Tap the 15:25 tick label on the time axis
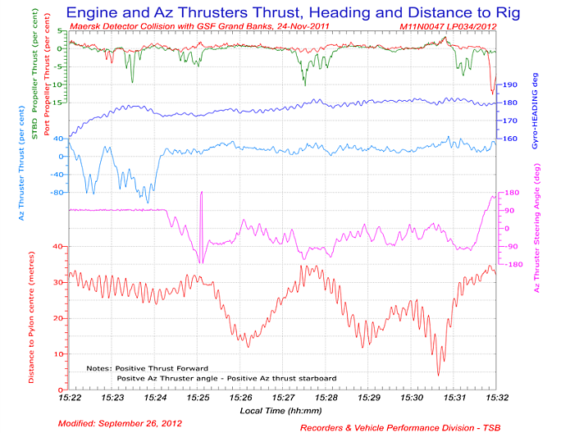[x=198, y=397]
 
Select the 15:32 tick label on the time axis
[x=495, y=397]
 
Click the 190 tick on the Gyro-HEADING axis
[x=508, y=85]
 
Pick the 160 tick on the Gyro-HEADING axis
[x=508, y=139]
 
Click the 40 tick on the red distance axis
[x=57, y=246]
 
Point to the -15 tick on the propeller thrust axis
[x=57, y=102]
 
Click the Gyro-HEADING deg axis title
[x=534, y=107]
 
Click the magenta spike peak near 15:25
[x=201, y=192]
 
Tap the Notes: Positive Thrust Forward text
[x=147, y=368]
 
